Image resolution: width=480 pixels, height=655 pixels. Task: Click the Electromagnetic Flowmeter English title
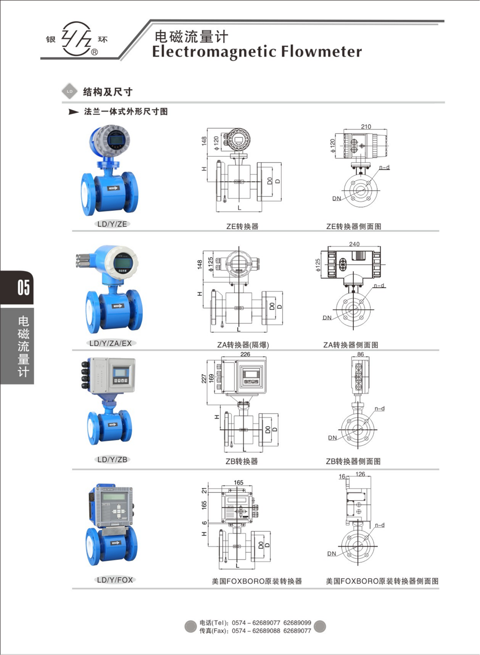(257, 52)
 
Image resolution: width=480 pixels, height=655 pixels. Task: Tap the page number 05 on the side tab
(23, 287)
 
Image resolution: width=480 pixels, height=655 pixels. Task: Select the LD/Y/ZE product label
(112, 224)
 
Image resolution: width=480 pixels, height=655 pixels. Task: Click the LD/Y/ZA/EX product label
(110, 343)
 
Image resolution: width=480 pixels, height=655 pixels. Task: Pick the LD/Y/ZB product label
(112, 459)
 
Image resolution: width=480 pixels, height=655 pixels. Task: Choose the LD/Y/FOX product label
(115, 580)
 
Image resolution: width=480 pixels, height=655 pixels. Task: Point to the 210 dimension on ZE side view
(366, 127)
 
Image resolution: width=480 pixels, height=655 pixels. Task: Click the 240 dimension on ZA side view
(354, 244)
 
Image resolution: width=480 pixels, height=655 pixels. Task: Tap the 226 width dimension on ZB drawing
(245, 354)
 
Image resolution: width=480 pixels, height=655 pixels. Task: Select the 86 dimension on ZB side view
(360, 354)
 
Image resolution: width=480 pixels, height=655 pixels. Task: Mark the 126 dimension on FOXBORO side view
(360, 474)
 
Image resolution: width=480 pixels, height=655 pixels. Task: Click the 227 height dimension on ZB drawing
(204, 378)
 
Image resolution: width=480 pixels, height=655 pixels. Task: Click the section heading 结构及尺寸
(108, 92)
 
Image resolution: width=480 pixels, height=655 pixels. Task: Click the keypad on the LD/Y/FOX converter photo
(118, 512)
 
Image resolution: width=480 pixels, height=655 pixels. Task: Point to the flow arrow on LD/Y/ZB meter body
(113, 424)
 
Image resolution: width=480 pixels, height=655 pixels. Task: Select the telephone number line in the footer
(255, 623)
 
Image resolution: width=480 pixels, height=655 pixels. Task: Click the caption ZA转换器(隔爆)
(243, 345)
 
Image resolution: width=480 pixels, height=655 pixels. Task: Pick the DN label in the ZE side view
(336, 199)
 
